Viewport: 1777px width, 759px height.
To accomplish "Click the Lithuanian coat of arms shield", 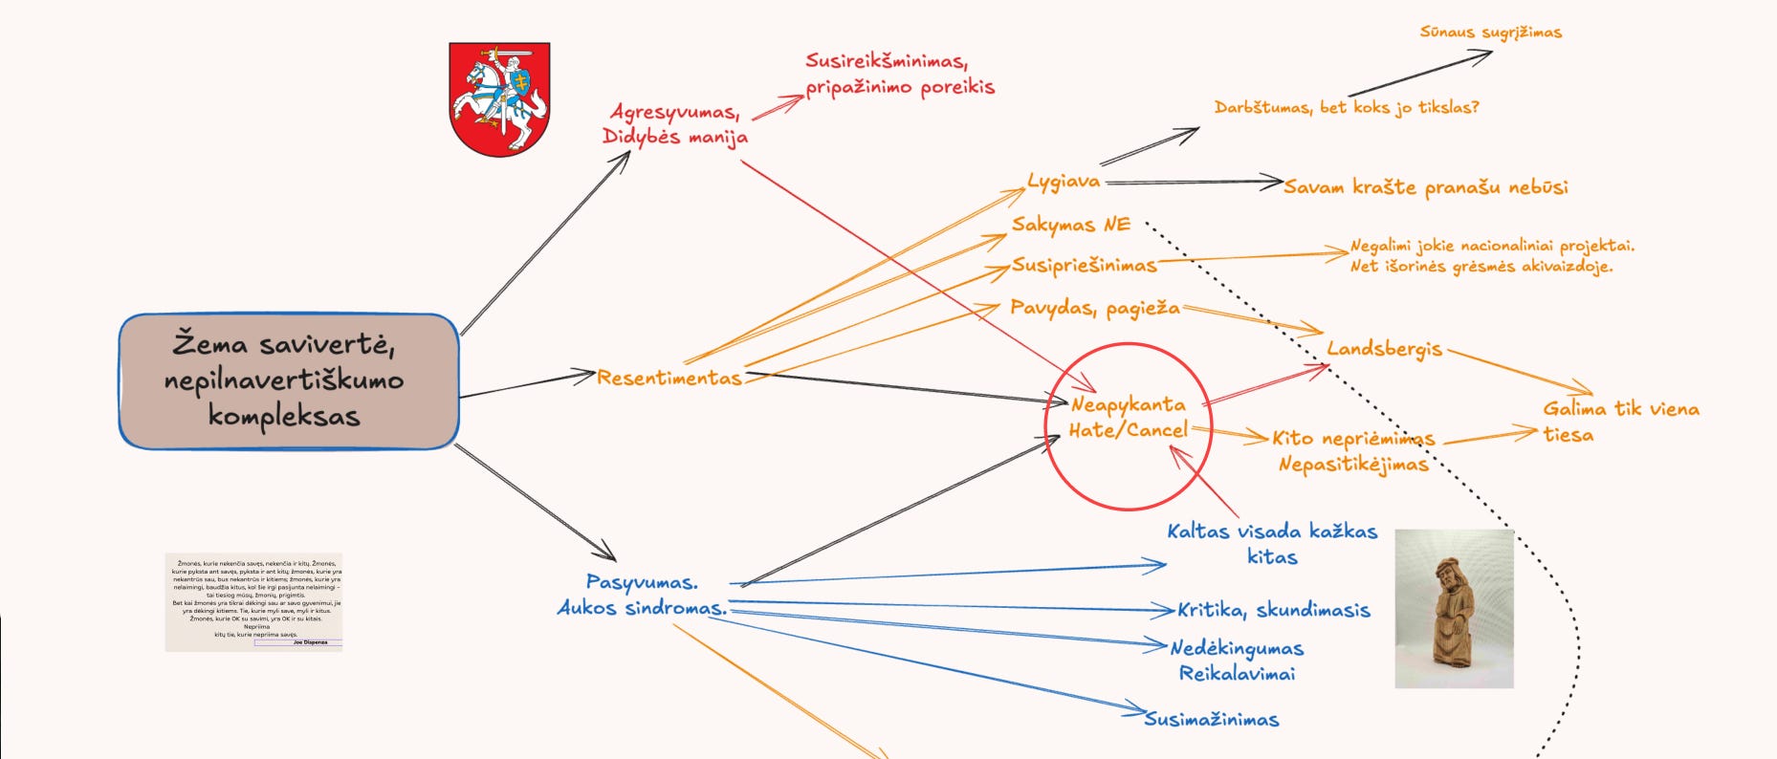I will point(499,98).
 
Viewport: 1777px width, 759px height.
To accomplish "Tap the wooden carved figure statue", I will point(1454,609).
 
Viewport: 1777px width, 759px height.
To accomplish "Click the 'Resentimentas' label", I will point(669,379).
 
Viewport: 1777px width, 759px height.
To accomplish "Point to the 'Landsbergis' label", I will point(1384,349).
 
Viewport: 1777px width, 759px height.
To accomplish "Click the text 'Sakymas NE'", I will point(1071,225).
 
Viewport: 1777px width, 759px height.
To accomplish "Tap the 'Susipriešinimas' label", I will point(1085,265).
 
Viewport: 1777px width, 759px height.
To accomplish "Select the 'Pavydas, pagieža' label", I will point(1095,308).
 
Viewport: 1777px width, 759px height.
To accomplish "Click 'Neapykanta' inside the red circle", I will point(1128,404).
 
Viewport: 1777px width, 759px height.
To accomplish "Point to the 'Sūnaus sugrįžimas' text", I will point(1490,33).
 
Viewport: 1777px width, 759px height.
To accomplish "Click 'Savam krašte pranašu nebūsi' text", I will point(1426,187).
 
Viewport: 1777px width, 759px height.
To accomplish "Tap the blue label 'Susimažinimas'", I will point(1212,719).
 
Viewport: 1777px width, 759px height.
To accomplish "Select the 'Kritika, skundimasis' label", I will point(1274,610).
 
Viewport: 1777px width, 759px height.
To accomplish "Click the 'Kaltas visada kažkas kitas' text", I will point(1272,543).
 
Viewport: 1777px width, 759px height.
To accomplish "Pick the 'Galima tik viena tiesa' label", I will point(1620,422).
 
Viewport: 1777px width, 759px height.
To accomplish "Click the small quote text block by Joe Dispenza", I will point(253,602).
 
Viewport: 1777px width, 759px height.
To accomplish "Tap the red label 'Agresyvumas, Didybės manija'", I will point(675,124).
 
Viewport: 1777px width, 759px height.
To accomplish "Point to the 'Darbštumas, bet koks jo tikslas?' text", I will point(1347,107).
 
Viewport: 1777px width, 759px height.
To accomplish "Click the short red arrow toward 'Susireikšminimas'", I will point(778,107).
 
